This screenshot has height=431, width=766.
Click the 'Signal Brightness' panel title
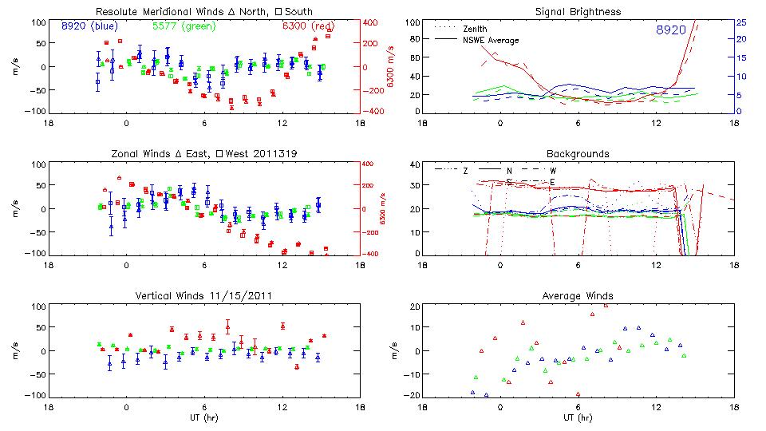click(578, 12)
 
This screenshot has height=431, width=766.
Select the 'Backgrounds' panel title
click(578, 154)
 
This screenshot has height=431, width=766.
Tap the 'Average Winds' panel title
click(578, 296)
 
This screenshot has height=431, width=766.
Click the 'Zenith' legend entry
click(476, 28)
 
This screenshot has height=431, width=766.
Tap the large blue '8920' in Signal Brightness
click(671, 30)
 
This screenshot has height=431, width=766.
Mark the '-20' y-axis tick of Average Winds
click(413, 396)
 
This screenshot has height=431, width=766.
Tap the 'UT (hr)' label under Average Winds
click(578, 417)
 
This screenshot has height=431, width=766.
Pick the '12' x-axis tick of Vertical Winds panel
click(282, 406)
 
